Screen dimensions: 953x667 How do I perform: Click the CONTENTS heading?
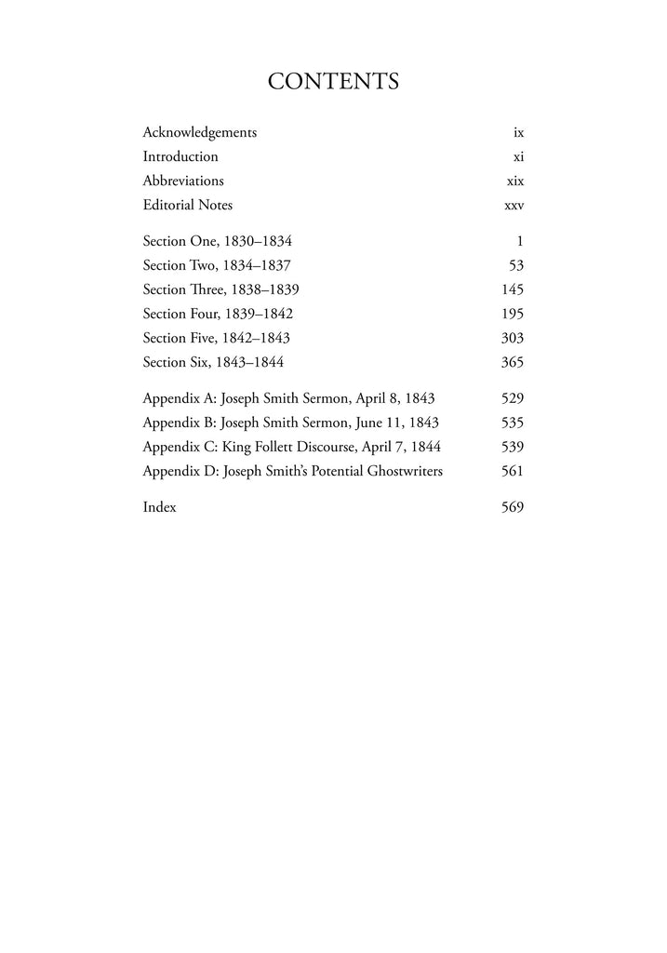coord(333,82)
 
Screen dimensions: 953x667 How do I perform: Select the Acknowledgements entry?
coord(199,133)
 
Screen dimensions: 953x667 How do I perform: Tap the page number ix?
coord(518,133)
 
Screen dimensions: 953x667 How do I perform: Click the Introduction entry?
coord(180,157)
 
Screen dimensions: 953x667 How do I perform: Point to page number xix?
coord(515,181)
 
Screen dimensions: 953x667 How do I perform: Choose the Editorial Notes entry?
coord(188,206)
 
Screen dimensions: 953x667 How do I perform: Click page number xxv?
coord(514,206)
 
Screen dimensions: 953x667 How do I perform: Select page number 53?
coord(516,265)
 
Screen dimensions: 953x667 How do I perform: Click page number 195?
coord(513,314)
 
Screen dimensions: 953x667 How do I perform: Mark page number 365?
coord(513,362)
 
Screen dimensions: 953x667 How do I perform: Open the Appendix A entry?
coord(288,398)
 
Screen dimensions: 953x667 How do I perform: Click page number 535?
coord(513,423)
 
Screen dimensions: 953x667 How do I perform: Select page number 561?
coord(513,471)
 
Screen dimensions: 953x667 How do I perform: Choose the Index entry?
coord(159,507)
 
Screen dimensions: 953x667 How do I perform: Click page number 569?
coord(513,507)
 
